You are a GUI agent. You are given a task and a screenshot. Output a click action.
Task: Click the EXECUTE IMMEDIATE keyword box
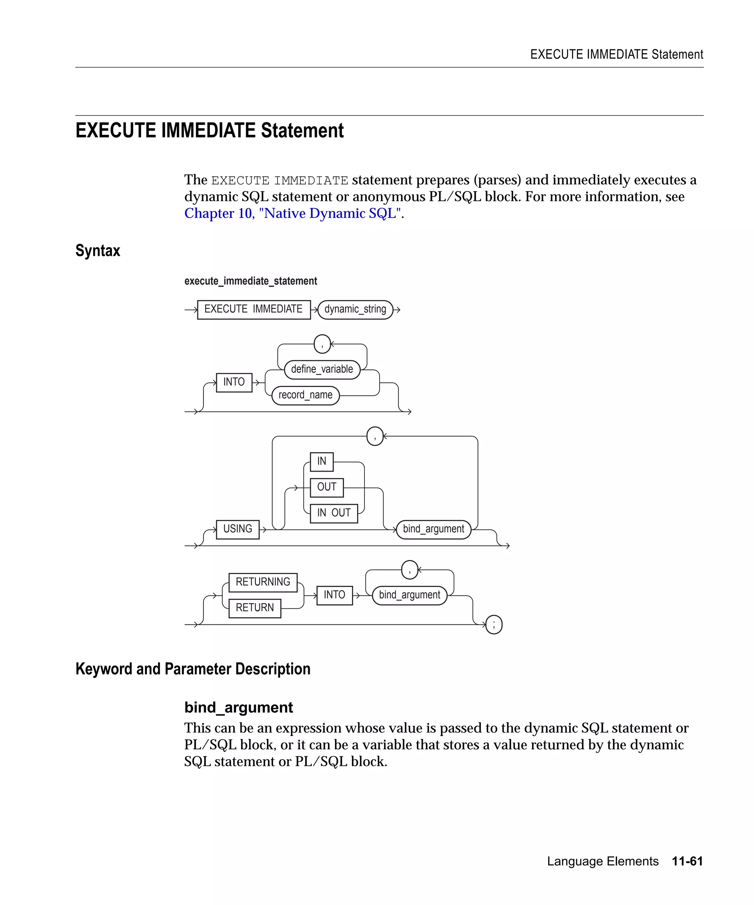253,309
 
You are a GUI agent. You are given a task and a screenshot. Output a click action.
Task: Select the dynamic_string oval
355,309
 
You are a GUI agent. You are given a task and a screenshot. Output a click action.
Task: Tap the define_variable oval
322,369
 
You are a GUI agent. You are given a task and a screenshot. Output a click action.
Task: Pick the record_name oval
305,395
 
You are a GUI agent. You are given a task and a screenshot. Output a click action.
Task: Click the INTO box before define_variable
233,382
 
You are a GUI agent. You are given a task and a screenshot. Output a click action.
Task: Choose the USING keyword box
237,529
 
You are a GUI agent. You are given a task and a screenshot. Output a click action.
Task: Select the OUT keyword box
327,487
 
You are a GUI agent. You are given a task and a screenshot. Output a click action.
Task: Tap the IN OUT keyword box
334,513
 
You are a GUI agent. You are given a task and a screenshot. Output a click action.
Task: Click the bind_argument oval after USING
433,529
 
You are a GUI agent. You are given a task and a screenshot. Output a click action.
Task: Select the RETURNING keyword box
263,582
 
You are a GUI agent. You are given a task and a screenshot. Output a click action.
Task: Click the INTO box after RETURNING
334,595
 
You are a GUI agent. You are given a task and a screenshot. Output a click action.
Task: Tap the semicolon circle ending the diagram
494,624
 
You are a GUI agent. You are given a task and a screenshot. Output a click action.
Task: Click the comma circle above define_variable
322,344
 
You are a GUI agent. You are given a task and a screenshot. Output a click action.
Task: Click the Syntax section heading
98,250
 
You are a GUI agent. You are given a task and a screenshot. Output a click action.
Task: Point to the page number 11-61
687,861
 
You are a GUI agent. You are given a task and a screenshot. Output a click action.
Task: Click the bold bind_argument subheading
238,707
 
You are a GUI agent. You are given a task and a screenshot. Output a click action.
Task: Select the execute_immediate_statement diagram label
250,281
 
